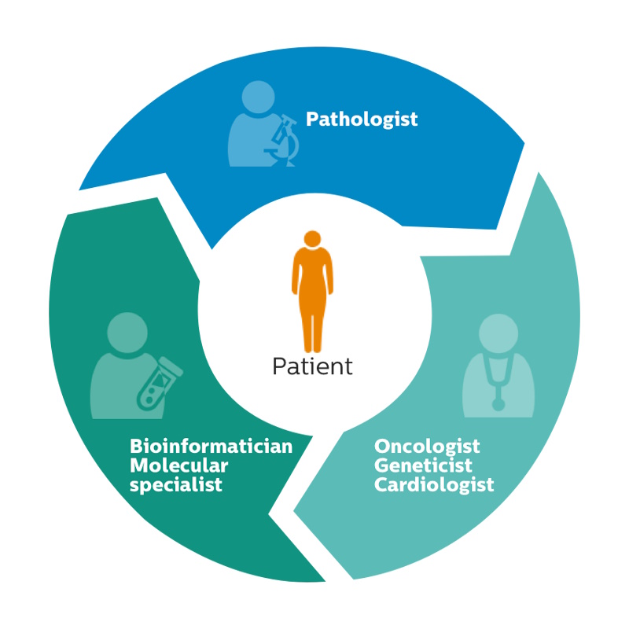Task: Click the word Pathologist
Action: [x=362, y=120]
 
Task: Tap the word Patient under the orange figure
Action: [x=312, y=366]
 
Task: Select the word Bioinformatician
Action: [x=211, y=446]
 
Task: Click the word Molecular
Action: [x=179, y=465]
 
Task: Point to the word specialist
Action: [x=175, y=485]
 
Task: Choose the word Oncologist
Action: [x=427, y=447]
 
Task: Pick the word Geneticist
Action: [x=423, y=465]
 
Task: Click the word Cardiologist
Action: [x=434, y=484]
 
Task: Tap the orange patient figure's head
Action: [x=312, y=239]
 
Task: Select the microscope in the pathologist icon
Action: [x=282, y=141]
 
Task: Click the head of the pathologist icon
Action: [x=259, y=97]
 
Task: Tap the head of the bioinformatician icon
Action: [x=127, y=333]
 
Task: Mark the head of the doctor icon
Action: [x=498, y=333]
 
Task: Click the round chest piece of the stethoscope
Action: [x=498, y=404]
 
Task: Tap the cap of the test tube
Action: [x=171, y=365]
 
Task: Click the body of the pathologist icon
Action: [x=251, y=141]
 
